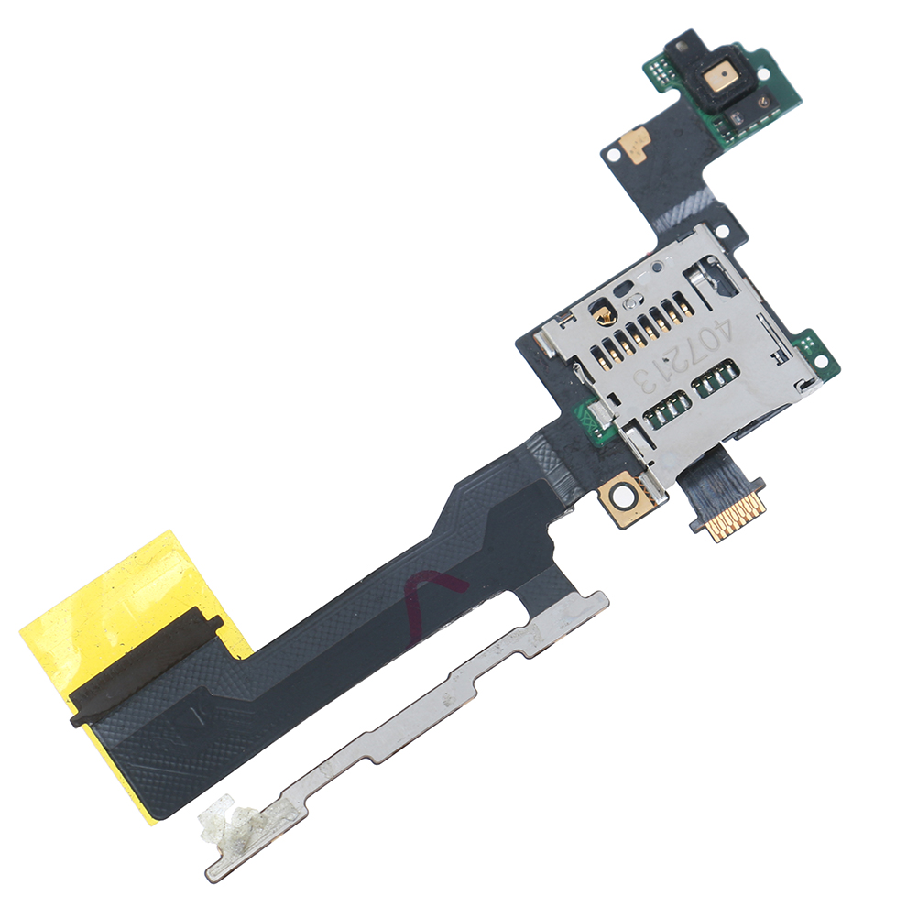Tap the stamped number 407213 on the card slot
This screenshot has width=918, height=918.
tap(683, 357)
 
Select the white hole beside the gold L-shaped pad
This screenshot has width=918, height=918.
tap(613, 155)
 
